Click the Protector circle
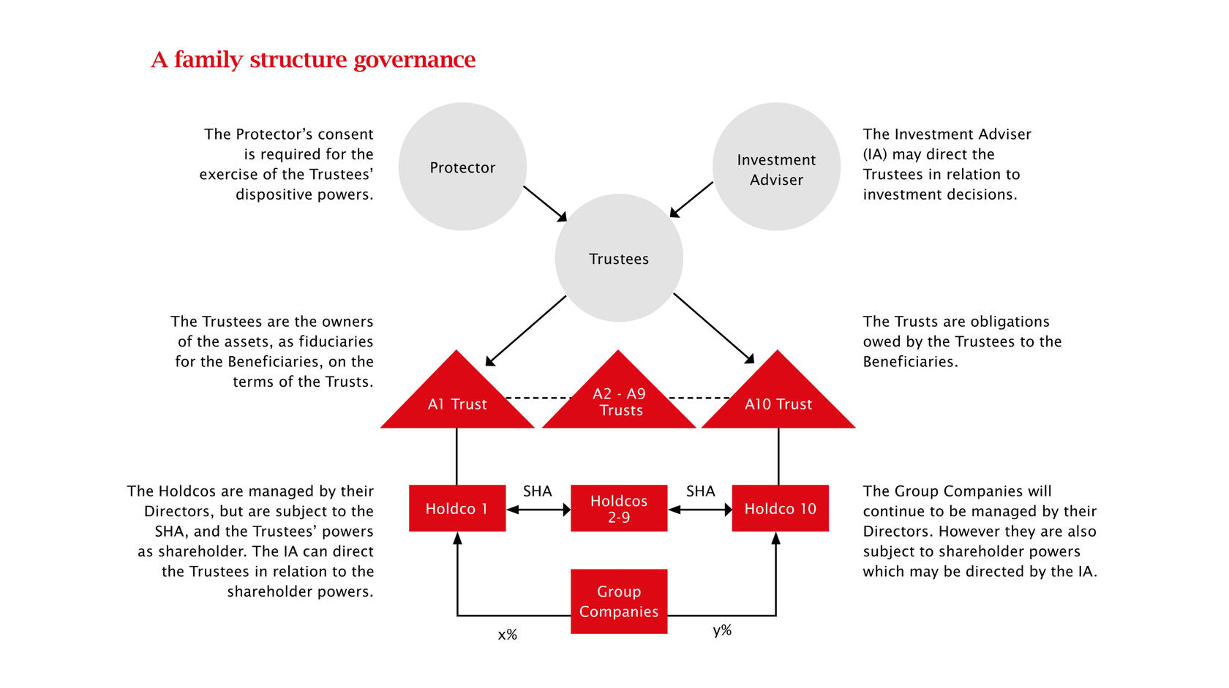tap(462, 167)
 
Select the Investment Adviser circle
tap(776, 167)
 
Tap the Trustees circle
tap(619, 257)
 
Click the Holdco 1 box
tap(457, 508)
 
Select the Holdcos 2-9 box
tap(619, 508)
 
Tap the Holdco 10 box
tap(780, 508)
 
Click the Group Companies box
tap(619, 602)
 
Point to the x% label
tap(508, 635)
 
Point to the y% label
tap(722, 630)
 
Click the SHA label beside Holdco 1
tap(537, 491)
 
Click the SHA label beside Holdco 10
tap(701, 491)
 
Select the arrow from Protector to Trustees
tap(545, 204)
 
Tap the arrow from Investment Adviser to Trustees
tap(691, 200)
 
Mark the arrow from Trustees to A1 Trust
tap(525, 330)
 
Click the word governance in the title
tap(414, 60)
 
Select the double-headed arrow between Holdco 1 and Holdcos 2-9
tap(538, 510)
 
